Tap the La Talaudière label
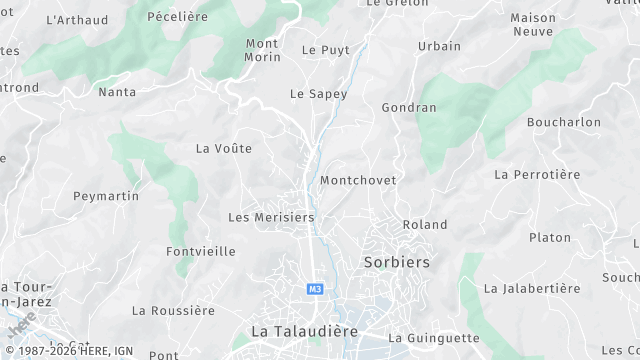pos(304,331)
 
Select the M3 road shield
pos(315,289)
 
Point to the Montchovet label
pos(358,181)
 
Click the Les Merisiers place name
pos(271,217)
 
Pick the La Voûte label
pos(224,149)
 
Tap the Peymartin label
pos(106,196)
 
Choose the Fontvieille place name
pos(201,251)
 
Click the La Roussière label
pos(173,311)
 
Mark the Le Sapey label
pos(318,94)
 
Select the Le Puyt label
pos(324,49)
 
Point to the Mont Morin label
pos(262,50)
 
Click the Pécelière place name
pos(177,17)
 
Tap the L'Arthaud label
pos(77,20)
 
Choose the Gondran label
pos(409,107)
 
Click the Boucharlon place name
pos(564,122)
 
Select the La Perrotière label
pos(537,174)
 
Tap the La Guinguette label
pos(434,338)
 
